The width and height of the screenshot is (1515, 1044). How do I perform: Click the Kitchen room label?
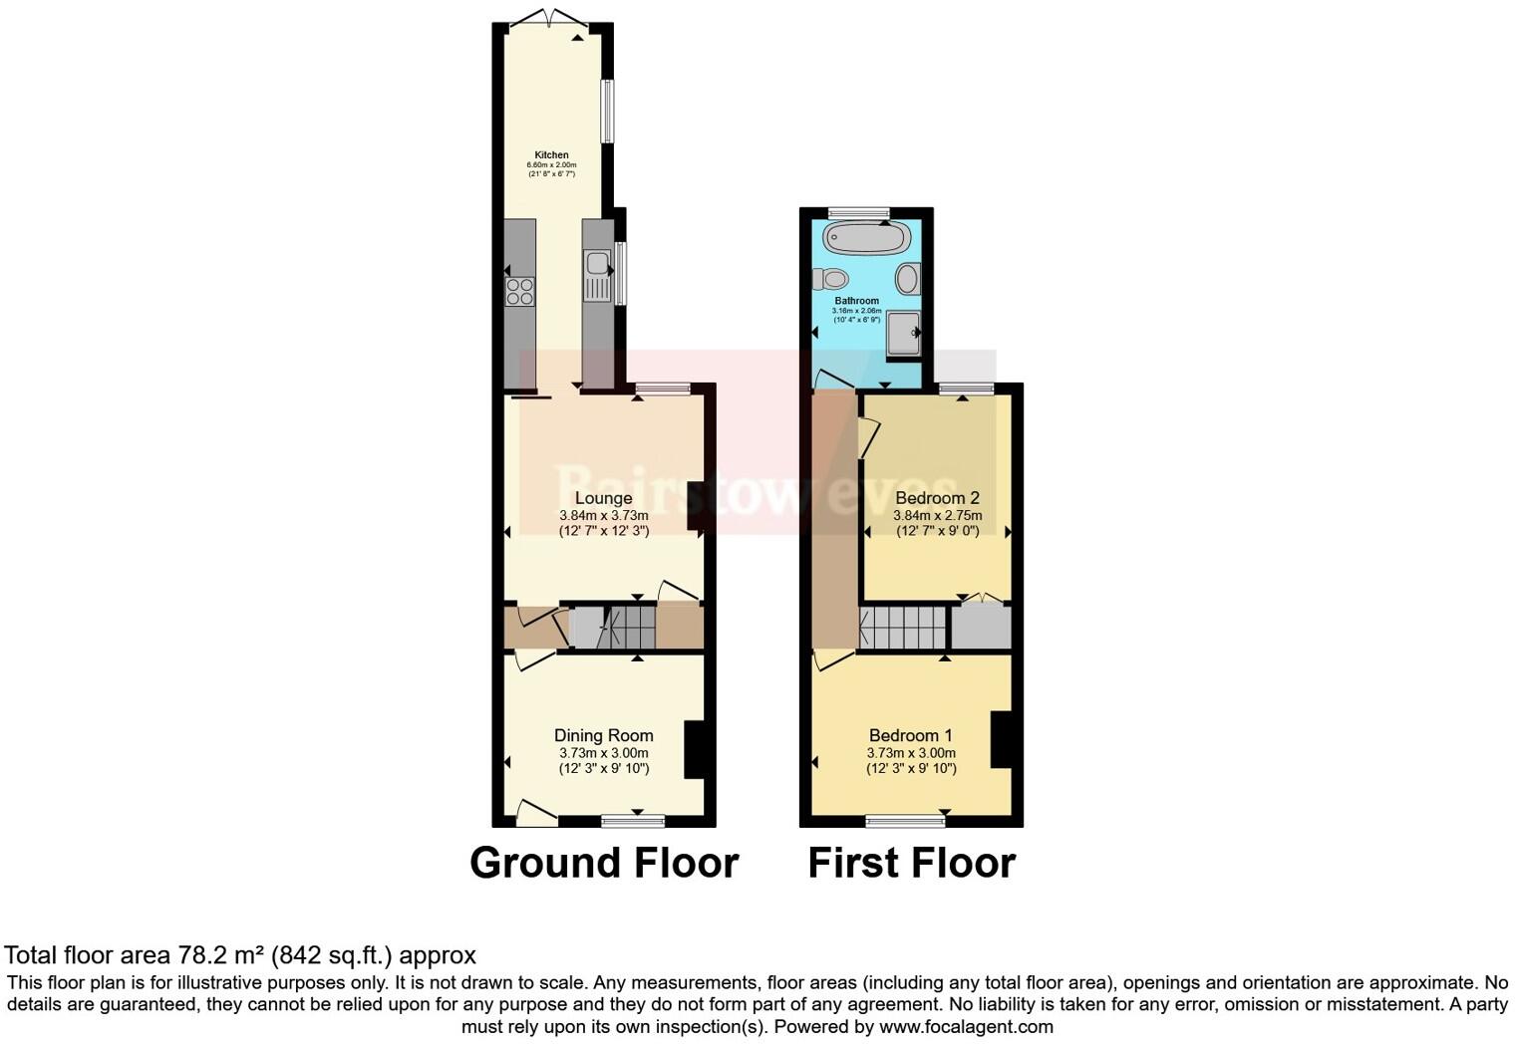point(551,155)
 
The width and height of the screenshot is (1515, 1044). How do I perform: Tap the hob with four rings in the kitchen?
point(519,291)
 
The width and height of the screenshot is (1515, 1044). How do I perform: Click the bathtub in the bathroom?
point(867,237)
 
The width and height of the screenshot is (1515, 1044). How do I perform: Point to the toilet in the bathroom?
point(830,278)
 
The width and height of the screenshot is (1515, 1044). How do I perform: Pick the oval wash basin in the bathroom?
point(907,278)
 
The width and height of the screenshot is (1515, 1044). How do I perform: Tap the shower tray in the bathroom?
point(904,332)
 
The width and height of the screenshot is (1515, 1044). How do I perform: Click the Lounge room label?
point(603,498)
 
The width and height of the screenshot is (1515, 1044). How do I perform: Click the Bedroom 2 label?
point(937,498)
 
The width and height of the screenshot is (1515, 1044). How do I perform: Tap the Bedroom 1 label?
point(911,736)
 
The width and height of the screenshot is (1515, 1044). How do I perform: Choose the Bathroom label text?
point(856,301)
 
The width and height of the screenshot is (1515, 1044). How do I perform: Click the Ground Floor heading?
point(604,863)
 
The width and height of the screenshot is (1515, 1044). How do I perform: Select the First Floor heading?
point(911,863)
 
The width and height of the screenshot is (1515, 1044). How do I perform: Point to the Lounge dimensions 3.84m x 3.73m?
point(603,516)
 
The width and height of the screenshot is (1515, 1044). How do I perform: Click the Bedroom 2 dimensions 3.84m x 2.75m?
point(937,516)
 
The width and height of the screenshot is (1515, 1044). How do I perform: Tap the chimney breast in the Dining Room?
point(694,749)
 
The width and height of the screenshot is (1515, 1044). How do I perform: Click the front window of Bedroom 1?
point(905,822)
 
